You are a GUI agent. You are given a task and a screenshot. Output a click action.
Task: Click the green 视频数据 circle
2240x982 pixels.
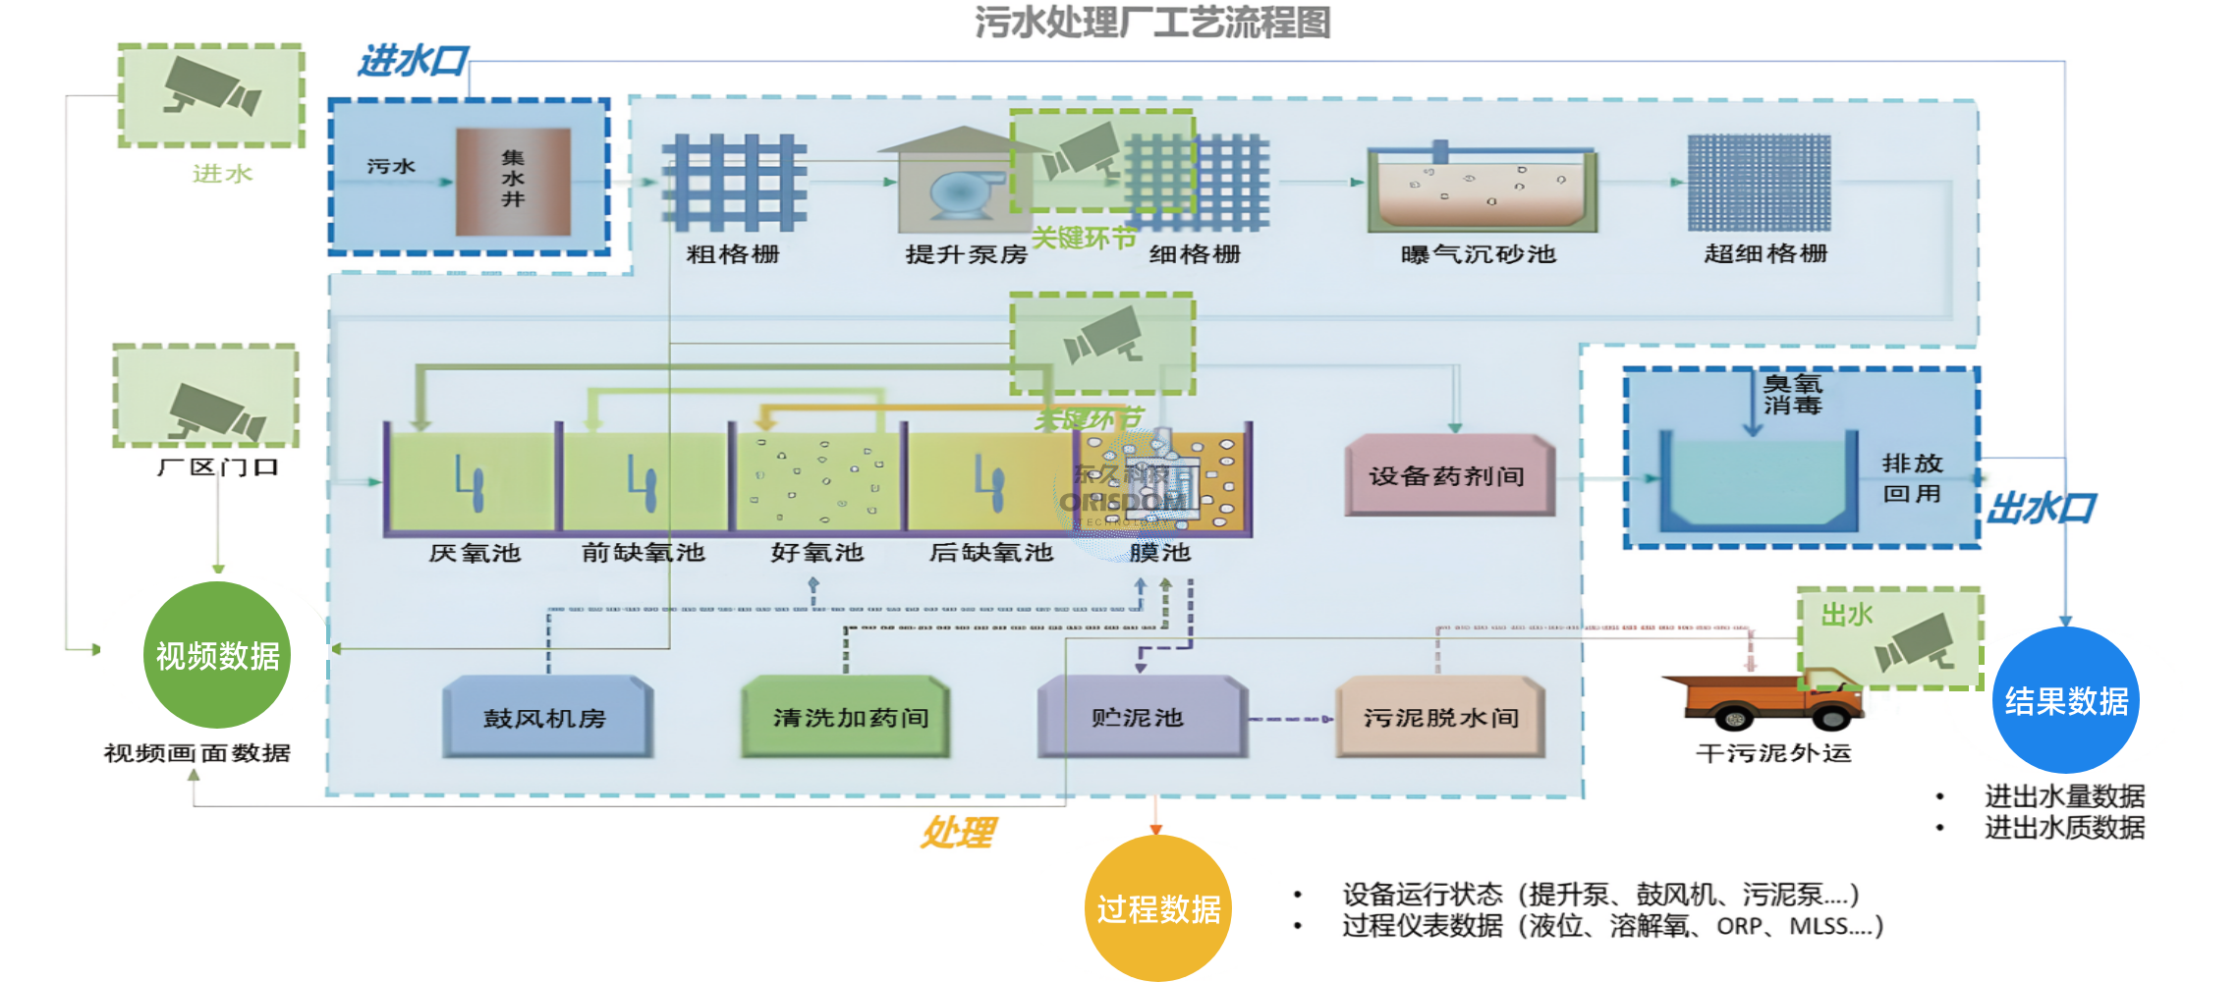pos(217,655)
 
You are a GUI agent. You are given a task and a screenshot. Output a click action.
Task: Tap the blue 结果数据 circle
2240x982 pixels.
pos(2065,700)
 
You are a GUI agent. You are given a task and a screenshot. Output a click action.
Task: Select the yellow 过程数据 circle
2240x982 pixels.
pos(1157,908)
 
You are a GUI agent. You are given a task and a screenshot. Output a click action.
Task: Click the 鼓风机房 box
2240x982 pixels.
pos(546,717)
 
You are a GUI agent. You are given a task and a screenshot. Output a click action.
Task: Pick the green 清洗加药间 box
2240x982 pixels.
pos(847,717)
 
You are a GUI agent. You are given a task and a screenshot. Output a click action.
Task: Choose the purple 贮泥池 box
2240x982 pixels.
pos(1140,717)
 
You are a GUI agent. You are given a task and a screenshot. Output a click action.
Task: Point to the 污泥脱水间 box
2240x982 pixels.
pos(1440,717)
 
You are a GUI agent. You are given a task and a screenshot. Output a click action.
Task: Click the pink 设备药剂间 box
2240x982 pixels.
pos(1448,475)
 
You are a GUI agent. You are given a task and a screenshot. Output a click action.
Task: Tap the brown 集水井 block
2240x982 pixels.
pos(513,181)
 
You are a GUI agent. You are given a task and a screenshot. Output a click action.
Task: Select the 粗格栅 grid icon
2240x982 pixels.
pos(734,183)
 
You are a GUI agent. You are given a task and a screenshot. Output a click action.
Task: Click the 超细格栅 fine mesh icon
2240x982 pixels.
pos(1759,183)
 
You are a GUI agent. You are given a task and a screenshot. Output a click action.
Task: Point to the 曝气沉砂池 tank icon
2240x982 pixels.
pos(1482,189)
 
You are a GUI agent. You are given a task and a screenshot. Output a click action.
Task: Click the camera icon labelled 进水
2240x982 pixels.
pos(211,95)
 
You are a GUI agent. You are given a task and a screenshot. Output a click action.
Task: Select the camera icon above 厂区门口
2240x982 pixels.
pos(206,397)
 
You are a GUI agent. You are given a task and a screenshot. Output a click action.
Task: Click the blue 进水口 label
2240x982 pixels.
pos(413,61)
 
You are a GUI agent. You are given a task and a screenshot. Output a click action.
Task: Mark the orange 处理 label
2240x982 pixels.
pos(958,833)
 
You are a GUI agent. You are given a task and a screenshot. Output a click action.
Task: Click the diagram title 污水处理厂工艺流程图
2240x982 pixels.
pos(1151,23)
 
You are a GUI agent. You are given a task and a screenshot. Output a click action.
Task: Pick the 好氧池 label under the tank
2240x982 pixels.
pos(816,553)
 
